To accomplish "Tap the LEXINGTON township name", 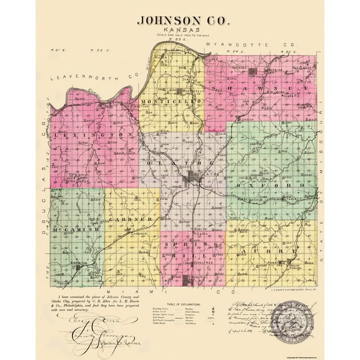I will pos(94,135).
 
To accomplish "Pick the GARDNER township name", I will pos(130,221).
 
